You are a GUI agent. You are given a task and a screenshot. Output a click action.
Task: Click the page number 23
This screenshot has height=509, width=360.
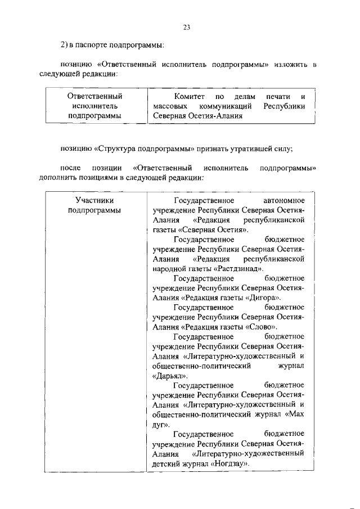tap(187, 26)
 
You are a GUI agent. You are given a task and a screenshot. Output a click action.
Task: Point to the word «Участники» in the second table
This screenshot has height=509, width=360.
tap(94, 200)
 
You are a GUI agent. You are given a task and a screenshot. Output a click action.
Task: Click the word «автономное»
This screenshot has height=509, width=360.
tap(283, 200)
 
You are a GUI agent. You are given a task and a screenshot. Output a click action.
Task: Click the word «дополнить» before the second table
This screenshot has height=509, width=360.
tap(57, 178)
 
